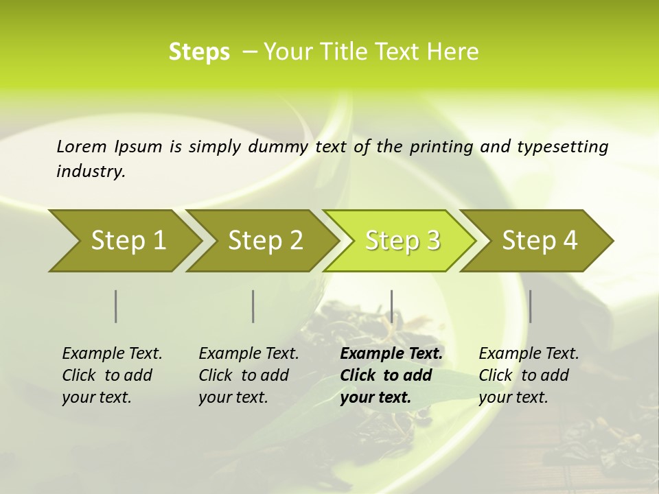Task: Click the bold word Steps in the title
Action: pos(199,52)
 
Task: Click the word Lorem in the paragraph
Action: pos(81,147)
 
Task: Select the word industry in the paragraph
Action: pos(91,172)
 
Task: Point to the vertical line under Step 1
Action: pos(116,306)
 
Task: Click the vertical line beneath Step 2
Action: pos(253,306)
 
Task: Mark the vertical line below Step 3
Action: pos(391,306)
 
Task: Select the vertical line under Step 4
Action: pos(530,306)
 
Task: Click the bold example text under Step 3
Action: pos(391,375)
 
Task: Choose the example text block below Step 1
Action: pos(112,375)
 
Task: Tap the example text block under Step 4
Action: pos(529,375)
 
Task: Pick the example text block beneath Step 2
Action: pos(248,375)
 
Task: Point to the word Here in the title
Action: pos(455,52)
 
